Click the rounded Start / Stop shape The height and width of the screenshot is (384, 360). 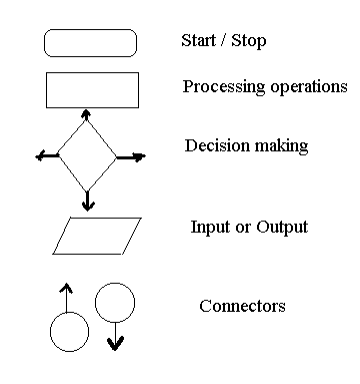click(x=90, y=42)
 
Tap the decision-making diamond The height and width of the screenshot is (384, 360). click(x=88, y=156)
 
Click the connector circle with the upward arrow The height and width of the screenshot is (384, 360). click(x=70, y=331)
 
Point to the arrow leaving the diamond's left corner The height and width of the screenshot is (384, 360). click(x=45, y=156)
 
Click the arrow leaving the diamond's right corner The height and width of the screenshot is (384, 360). click(x=131, y=156)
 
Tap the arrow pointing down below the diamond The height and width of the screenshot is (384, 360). click(x=88, y=201)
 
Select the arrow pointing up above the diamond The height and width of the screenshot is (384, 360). click(x=88, y=115)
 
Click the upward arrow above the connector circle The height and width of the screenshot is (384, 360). click(x=67, y=296)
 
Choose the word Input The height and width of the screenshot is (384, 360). click(x=209, y=227)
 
